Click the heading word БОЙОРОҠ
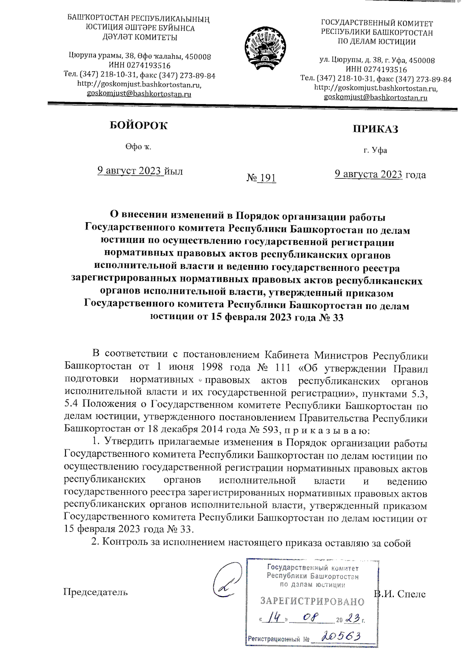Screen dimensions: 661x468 [138, 125]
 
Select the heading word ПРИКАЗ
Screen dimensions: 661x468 [375, 129]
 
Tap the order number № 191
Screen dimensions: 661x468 [261, 178]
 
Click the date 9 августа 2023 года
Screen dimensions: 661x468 [380, 174]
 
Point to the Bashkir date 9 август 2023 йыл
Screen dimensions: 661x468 [140, 171]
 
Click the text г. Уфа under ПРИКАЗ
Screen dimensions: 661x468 [375, 150]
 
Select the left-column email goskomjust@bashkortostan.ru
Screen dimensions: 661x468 [139, 94]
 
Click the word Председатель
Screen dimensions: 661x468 [96, 592]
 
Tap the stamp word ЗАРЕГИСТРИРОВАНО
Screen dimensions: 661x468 [312, 601]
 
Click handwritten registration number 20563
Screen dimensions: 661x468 [341, 636]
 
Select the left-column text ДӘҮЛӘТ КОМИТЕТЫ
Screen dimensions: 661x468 [140, 38]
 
